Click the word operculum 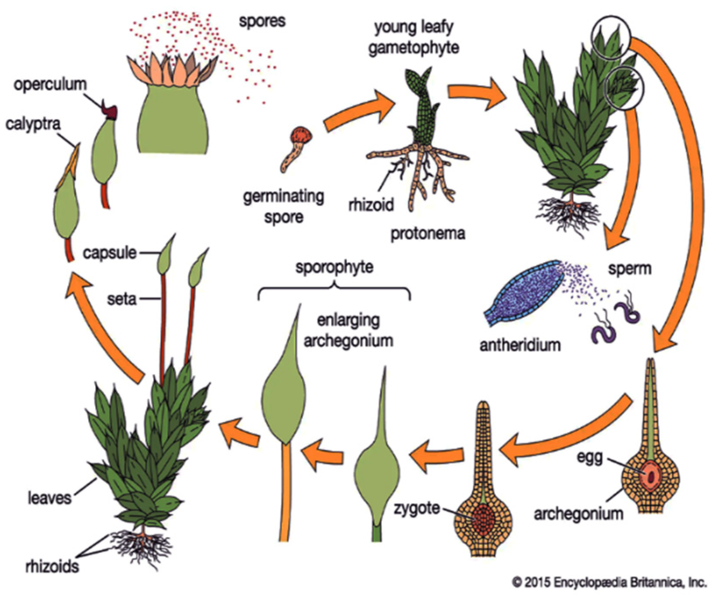(x=50, y=84)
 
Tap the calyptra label (x=33, y=124)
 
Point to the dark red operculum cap (x=109, y=111)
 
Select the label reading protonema (x=428, y=234)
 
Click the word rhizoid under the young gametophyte (x=371, y=204)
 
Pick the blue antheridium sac (x=522, y=293)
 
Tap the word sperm (x=630, y=269)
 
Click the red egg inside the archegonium (x=650, y=475)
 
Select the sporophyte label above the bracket (x=334, y=267)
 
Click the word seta (x=122, y=299)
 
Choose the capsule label (x=110, y=253)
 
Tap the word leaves (x=49, y=498)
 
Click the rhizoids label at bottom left (x=52, y=566)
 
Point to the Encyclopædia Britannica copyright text (x=609, y=582)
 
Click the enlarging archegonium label (x=348, y=331)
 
